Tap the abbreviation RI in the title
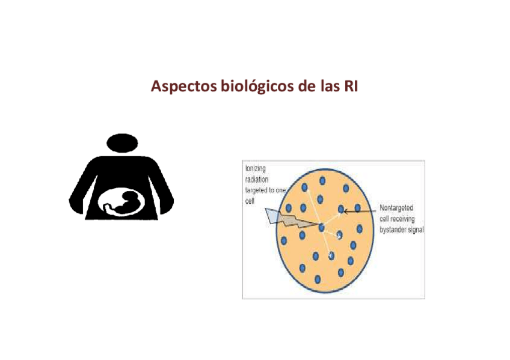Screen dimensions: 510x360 point(349,86)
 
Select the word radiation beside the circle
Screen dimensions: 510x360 point(256,178)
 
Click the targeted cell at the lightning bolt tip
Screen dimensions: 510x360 point(322,227)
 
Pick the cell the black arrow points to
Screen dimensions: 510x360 point(341,210)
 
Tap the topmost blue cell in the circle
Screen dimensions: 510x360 point(322,180)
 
